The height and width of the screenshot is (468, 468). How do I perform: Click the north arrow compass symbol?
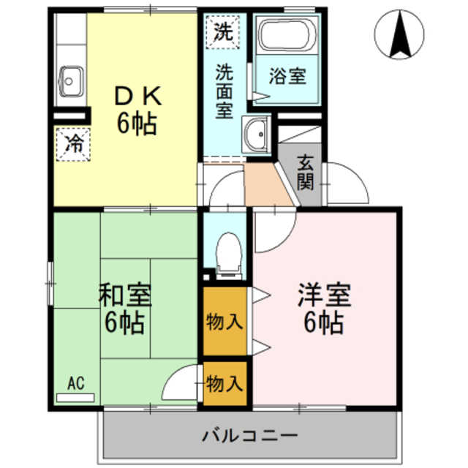click(x=399, y=35)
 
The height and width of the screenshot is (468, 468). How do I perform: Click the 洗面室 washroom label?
click(x=224, y=92)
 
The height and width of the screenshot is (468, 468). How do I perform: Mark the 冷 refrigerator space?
click(x=74, y=143)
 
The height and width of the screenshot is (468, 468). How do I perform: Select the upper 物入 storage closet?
click(x=224, y=320)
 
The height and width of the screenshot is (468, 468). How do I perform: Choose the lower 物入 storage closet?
click(x=224, y=382)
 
